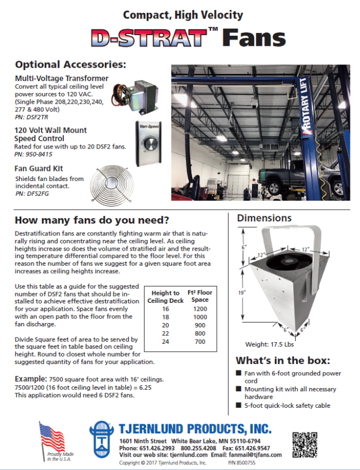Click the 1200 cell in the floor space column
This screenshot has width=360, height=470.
coord(202,309)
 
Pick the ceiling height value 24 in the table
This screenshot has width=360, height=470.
coord(165,341)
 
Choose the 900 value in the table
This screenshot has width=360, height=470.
coord(202,325)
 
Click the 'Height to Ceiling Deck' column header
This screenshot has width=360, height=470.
coord(165,296)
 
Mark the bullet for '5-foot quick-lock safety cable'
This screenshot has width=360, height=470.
coord(239,406)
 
